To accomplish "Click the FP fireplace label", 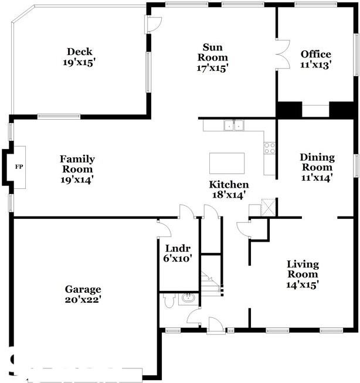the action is (x=19, y=167).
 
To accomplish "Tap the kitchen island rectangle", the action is (x=227, y=163).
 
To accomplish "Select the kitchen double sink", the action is (x=234, y=126).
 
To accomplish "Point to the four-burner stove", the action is (x=270, y=148).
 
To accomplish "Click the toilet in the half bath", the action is (x=169, y=300).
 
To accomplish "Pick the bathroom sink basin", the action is (x=188, y=299).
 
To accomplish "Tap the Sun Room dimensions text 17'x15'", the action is (x=212, y=68).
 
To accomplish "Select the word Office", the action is (x=316, y=54).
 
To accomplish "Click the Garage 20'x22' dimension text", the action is (x=83, y=300).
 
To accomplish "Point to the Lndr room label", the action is (x=178, y=249).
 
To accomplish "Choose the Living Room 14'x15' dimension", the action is (x=303, y=285).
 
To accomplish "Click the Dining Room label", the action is (x=317, y=162).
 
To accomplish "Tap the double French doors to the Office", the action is (x=283, y=55).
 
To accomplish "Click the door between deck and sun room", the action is (x=153, y=25).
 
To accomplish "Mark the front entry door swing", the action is (x=216, y=325).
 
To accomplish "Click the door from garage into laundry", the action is (x=164, y=228).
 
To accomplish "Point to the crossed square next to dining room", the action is (x=268, y=208).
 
